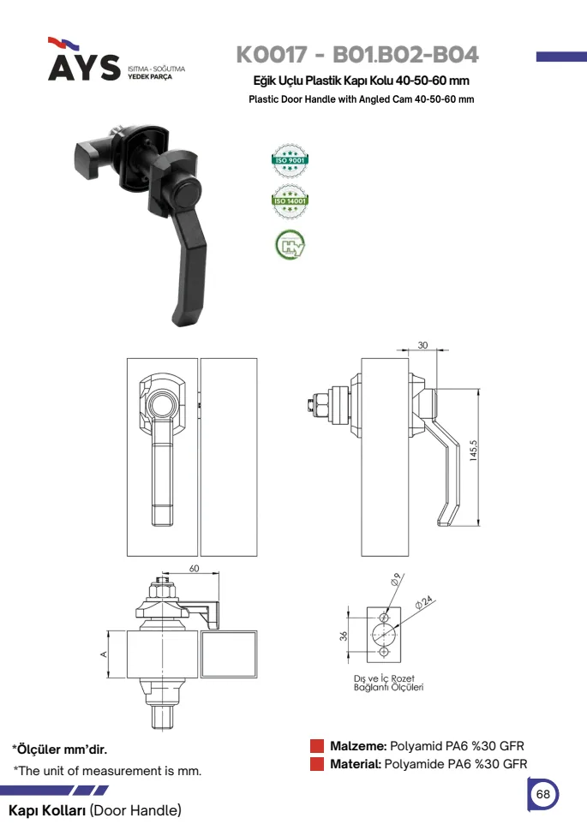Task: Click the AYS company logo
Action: click(84, 59)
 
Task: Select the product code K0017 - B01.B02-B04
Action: click(357, 55)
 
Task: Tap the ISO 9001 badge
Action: click(290, 160)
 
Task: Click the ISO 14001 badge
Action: click(290, 201)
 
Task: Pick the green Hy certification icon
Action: click(290, 245)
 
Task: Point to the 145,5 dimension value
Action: click(473, 451)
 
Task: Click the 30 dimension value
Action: click(422, 345)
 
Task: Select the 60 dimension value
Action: click(195, 569)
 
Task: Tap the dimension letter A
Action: click(104, 654)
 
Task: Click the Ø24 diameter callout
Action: click(424, 602)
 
